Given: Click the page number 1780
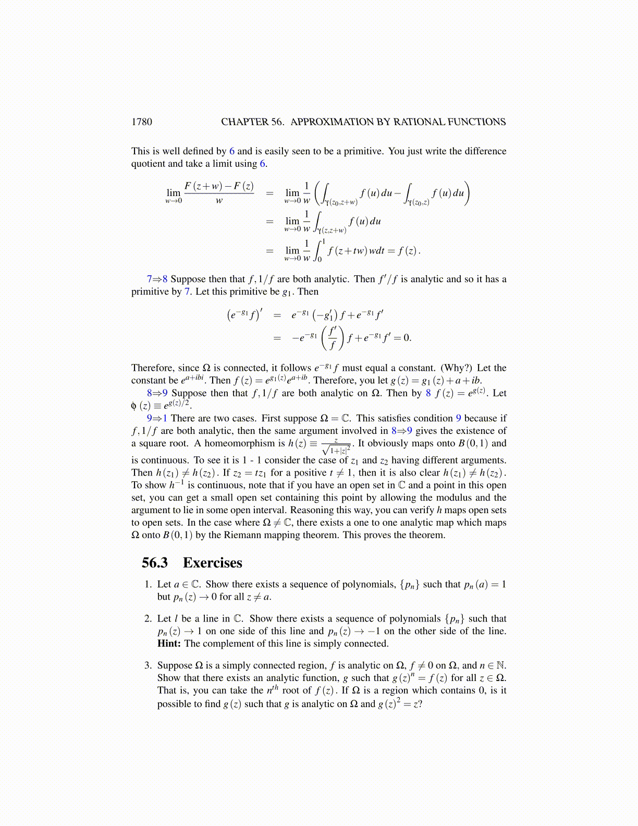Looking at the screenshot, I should click(x=142, y=122).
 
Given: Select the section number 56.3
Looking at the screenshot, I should click(x=155, y=563).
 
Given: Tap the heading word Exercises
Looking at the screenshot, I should click(x=213, y=563).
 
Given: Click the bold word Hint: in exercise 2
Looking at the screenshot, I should click(x=169, y=643).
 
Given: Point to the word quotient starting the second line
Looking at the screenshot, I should click(x=148, y=164).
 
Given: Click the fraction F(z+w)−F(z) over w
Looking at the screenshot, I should click(x=219, y=192).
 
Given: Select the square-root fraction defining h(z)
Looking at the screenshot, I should click(x=336, y=446).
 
